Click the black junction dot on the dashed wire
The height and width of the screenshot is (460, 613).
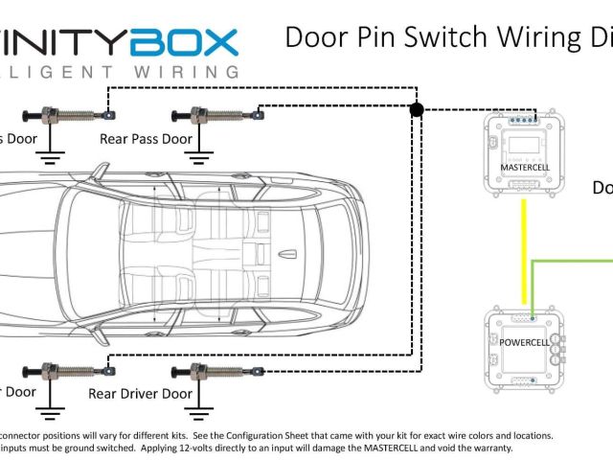click(x=417, y=111)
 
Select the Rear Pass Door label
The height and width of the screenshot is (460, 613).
click(x=146, y=139)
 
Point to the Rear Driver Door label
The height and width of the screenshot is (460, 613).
click(x=140, y=393)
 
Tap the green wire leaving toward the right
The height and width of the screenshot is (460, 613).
click(x=575, y=260)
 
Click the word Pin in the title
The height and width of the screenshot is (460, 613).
click(x=383, y=37)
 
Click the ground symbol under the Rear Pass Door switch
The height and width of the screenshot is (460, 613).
click(x=200, y=149)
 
